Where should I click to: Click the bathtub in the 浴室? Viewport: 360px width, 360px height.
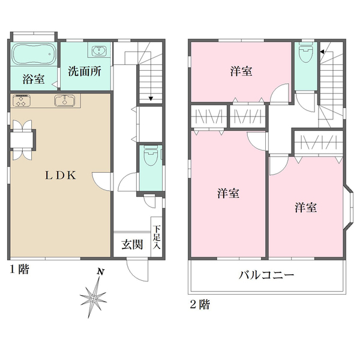point(34,54)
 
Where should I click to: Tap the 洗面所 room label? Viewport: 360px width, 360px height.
point(85,71)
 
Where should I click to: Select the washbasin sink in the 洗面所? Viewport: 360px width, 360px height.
point(99,50)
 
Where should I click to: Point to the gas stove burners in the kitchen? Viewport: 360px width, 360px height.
point(22,101)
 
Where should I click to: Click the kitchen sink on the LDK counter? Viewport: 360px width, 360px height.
point(65,101)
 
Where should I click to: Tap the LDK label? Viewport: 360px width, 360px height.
point(61,176)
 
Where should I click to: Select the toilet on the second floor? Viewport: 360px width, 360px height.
point(306,53)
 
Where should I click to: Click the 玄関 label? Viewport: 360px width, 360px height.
point(132,245)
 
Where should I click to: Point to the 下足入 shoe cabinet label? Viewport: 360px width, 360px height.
point(157,238)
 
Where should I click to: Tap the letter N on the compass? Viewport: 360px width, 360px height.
point(100,272)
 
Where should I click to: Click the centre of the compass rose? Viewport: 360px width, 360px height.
point(93,298)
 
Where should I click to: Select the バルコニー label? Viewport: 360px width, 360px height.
point(266,275)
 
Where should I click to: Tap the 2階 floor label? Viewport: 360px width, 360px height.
point(200,305)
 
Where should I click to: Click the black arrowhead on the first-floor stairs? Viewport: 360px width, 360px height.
point(151,99)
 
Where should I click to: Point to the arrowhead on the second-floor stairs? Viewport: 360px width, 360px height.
point(322,52)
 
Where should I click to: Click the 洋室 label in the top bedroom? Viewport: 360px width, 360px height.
point(241,71)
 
